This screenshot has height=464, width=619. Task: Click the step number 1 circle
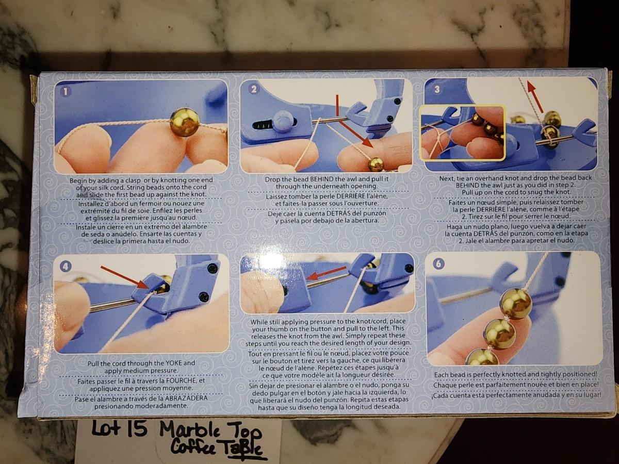click(66, 92)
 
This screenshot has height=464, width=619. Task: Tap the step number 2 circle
click(253, 89)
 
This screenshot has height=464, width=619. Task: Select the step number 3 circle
click(437, 89)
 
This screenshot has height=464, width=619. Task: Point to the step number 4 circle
click(66, 266)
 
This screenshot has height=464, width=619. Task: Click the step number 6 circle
click(438, 264)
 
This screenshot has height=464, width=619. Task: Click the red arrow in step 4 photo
click(125, 277)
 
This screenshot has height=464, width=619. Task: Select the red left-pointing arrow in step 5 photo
click(326, 273)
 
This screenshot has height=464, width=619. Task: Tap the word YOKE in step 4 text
click(176, 363)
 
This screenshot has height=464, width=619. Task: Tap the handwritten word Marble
click(192, 430)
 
